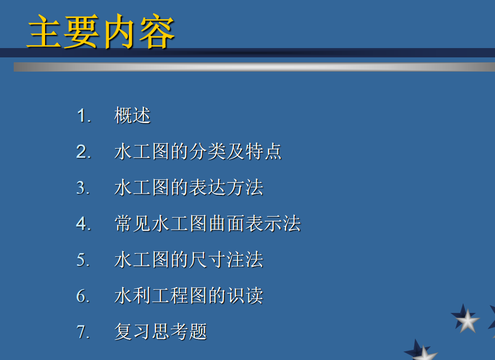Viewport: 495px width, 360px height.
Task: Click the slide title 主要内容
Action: (101, 31)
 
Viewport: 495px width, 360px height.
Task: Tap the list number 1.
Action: (84, 116)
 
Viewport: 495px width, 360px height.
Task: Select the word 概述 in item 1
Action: (132, 115)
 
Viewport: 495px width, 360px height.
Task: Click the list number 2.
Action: (84, 152)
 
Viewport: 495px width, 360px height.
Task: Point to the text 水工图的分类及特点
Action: (198, 152)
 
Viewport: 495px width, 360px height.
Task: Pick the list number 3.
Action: (83, 187)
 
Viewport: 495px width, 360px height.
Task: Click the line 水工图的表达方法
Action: (189, 187)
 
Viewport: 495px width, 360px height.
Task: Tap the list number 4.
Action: (84, 224)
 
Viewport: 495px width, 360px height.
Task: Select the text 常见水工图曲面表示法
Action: (207, 224)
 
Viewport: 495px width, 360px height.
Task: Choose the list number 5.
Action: (83, 259)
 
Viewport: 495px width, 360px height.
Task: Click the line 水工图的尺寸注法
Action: (189, 259)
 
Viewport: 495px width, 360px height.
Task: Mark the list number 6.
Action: (83, 296)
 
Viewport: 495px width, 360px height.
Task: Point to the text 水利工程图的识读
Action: (189, 296)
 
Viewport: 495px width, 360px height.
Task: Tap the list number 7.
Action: (83, 332)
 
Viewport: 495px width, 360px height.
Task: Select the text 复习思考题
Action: (161, 332)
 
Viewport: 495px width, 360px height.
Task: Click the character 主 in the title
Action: (45, 31)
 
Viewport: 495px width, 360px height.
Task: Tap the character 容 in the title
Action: (157, 31)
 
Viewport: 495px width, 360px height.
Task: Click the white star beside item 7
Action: (467, 321)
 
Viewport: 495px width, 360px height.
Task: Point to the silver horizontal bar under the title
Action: (254, 67)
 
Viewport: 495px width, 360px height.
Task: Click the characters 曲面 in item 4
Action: (226, 224)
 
